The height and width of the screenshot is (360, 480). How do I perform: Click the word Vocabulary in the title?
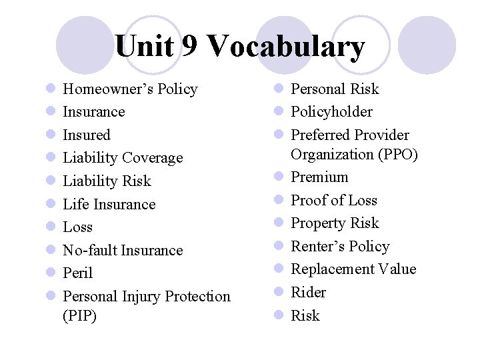pyautogui.click(x=286, y=47)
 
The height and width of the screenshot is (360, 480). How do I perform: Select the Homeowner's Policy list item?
pyautogui.click(x=130, y=89)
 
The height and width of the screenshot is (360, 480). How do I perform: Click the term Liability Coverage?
pyautogui.click(x=123, y=158)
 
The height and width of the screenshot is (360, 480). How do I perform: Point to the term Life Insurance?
pyautogui.click(x=109, y=204)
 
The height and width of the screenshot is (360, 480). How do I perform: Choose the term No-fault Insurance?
pyautogui.click(x=123, y=250)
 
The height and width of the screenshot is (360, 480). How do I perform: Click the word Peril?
pyautogui.click(x=77, y=273)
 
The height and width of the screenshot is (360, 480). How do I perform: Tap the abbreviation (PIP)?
pyautogui.click(x=80, y=315)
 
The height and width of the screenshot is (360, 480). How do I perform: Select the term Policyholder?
pyautogui.click(x=332, y=112)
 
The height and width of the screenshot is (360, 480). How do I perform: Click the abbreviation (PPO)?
pyautogui.click(x=399, y=155)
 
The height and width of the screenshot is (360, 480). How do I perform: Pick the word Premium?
pyautogui.click(x=319, y=177)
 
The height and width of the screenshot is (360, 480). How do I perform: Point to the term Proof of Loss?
pyautogui.click(x=334, y=201)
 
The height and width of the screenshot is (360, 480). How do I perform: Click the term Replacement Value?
pyautogui.click(x=353, y=269)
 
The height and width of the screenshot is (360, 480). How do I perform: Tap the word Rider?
pyautogui.click(x=309, y=292)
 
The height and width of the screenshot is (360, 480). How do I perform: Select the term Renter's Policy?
pyautogui.click(x=340, y=247)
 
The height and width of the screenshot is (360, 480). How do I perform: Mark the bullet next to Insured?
pyautogui.click(x=51, y=135)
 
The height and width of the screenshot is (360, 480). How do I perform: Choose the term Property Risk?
pyautogui.click(x=335, y=223)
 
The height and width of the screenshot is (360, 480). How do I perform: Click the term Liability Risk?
pyautogui.click(x=107, y=181)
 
